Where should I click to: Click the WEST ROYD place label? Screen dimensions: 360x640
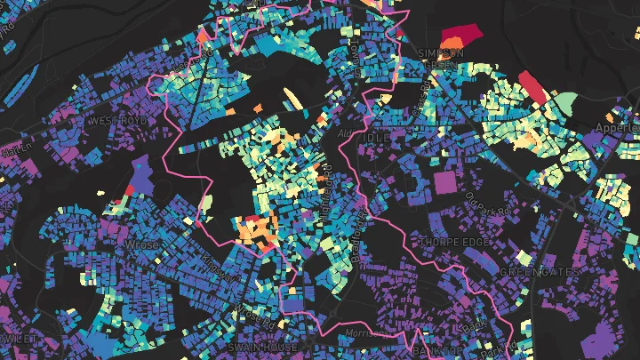(x=122, y=120)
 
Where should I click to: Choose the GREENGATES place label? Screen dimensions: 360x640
(x=540, y=271)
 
